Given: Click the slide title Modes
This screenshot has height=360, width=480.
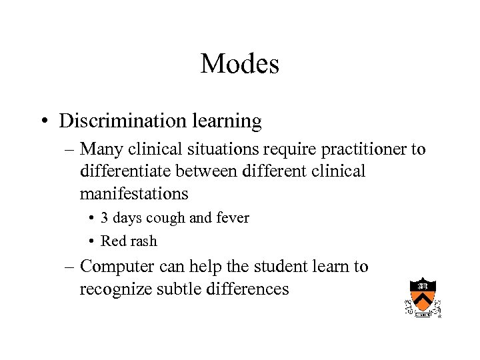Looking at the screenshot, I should click(x=239, y=64).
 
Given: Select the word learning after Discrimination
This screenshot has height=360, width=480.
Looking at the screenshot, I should click(x=227, y=121).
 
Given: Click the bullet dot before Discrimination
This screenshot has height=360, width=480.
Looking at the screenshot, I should click(x=42, y=122).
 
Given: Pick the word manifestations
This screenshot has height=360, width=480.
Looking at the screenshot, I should click(x=134, y=194).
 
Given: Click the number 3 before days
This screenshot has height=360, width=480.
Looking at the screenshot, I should click(x=105, y=218).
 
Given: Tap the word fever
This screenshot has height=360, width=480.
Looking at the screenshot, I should click(x=231, y=218).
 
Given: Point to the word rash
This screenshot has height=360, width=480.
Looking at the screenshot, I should click(x=143, y=241).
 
